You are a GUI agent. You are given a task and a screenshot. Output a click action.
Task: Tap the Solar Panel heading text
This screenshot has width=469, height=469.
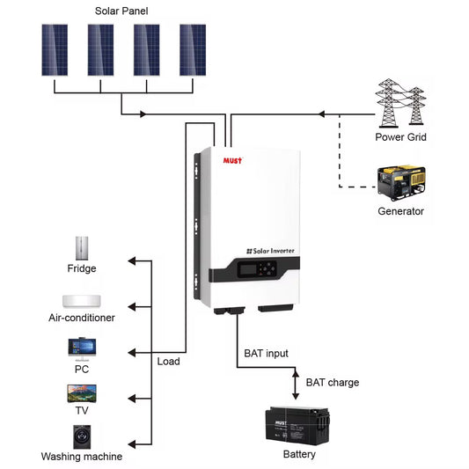(x=122, y=11)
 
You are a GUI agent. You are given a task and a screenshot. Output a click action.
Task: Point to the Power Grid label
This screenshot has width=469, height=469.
(x=401, y=136)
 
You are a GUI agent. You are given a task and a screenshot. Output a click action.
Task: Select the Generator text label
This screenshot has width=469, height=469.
(x=401, y=211)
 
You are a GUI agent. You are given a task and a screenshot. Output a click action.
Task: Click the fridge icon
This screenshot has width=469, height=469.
(x=82, y=247)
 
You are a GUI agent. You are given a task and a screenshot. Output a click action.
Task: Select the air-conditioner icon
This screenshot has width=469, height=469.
(x=81, y=300)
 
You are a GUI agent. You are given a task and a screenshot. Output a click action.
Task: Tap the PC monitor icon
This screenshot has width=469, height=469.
(x=81, y=348)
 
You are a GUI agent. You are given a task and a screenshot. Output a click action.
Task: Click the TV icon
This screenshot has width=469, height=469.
(x=81, y=392)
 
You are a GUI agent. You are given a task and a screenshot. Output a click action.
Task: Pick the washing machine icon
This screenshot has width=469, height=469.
(x=81, y=436)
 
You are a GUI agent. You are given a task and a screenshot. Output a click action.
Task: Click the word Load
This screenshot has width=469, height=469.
(x=168, y=362)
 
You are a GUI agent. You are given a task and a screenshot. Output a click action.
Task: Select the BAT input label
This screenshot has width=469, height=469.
(x=267, y=354)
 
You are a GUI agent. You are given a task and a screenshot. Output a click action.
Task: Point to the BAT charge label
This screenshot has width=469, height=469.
(x=332, y=383)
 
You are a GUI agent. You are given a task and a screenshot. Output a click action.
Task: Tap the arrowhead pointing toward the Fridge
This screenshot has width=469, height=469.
(x=132, y=261)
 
